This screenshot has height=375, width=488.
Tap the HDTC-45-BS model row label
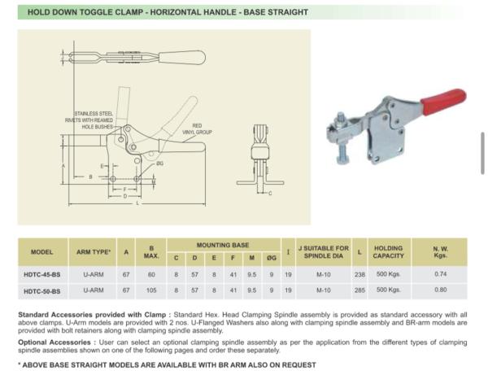pos(42,275)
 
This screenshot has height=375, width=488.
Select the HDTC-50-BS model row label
pos(42,290)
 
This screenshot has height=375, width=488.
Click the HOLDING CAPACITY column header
pos(388,251)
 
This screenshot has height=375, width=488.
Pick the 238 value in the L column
pos(359,275)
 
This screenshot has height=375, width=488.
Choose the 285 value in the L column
pos(359,290)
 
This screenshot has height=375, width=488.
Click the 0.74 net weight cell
pos(440,275)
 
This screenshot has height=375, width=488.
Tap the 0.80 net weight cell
pos(440,290)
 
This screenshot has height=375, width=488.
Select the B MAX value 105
pos(150,290)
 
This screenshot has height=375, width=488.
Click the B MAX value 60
pos(150,275)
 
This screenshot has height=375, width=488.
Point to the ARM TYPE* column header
pos(93,252)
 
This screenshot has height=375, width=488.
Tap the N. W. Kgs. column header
pos(440,251)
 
